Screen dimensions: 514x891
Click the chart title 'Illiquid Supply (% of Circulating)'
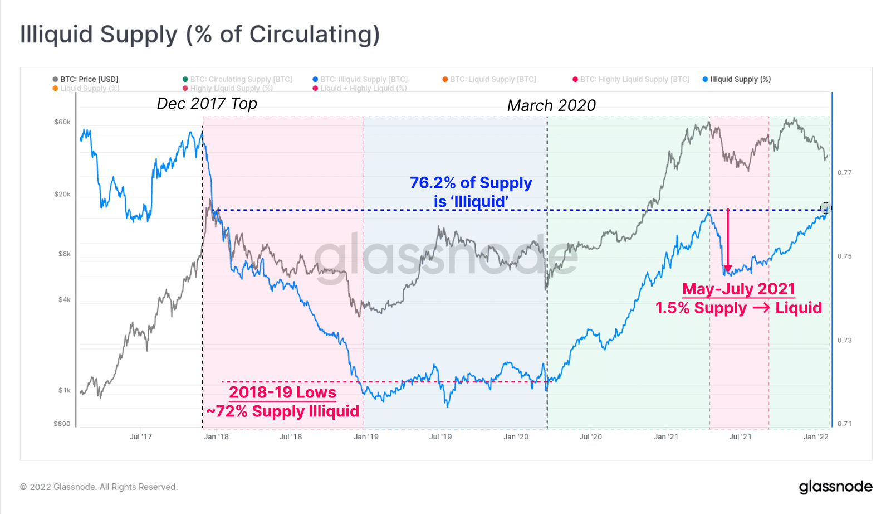(x=200, y=34)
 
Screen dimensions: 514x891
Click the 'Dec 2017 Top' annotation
(x=207, y=104)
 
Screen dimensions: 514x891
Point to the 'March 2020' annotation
(x=551, y=105)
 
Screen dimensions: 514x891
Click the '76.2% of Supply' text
(x=471, y=183)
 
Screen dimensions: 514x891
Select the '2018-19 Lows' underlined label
(x=282, y=392)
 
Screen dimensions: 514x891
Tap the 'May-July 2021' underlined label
(x=738, y=289)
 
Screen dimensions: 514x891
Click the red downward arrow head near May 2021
(x=728, y=269)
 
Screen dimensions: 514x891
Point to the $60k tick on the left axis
(x=62, y=122)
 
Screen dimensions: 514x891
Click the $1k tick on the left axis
(x=65, y=390)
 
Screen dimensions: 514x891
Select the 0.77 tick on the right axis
(x=845, y=173)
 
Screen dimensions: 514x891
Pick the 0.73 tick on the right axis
(x=845, y=340)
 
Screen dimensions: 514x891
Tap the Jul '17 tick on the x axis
(x=141, y=437)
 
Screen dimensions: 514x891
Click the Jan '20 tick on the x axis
(x=516, y=437)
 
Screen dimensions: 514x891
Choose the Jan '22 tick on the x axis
(x=816, y=437)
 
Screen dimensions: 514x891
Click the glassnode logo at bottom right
(x=835, y=487)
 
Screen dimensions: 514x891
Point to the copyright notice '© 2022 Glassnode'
(x=99, y=487)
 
